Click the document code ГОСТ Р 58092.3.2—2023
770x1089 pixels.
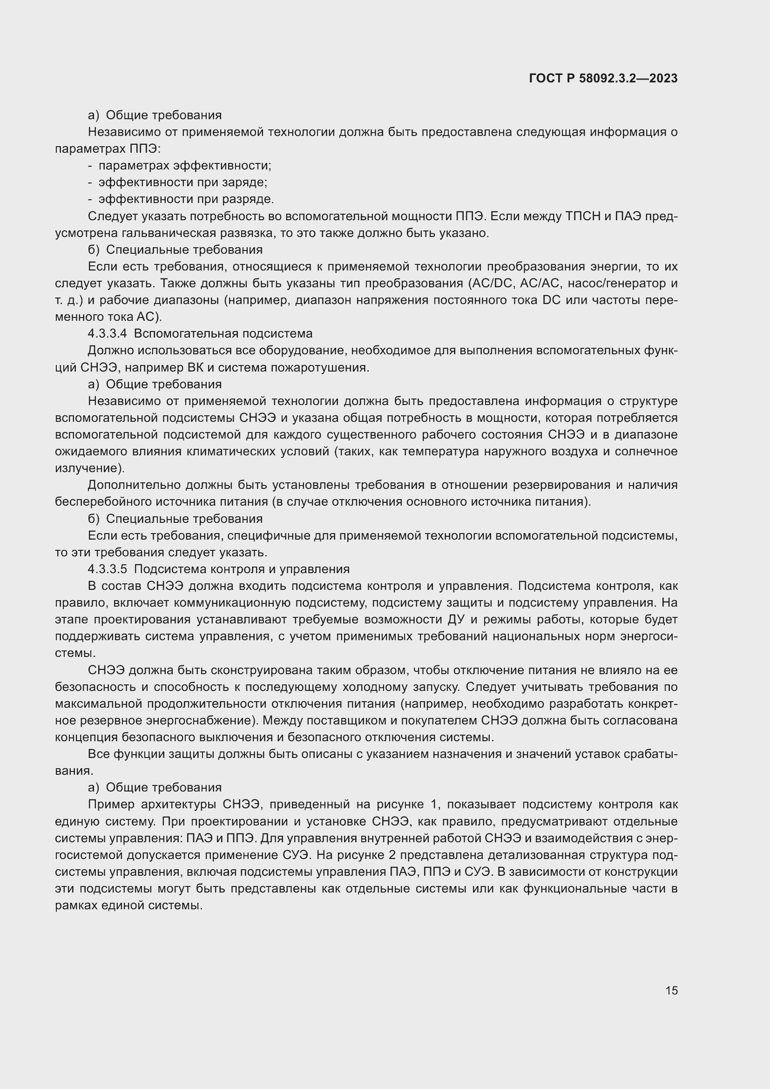coord(603,79)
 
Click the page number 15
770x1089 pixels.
coord(671,990)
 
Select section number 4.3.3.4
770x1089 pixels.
coord(107,333)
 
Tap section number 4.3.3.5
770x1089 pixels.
coord(107,569)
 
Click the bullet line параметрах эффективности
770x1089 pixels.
coord(184,166)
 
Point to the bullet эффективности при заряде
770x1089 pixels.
coord(182,182)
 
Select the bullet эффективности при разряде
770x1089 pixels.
coord(186,199)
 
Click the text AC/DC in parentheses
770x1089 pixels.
coord(493,283)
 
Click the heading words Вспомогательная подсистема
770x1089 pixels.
coord(223,333)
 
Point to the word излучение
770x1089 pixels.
coord(88,468)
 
